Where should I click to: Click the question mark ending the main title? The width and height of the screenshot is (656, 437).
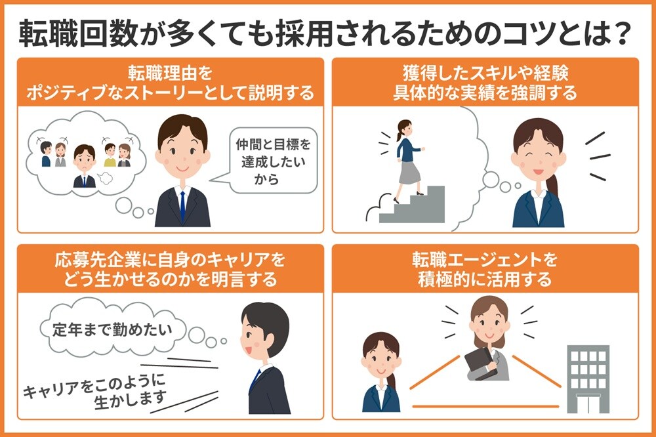(621, 31)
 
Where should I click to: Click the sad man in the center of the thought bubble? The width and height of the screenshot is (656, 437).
(84, 164)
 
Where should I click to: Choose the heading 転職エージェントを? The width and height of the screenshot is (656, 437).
(485, 261)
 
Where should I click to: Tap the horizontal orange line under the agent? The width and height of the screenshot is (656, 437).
(485, 407)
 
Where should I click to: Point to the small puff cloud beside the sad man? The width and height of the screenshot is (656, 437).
(104, 177)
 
